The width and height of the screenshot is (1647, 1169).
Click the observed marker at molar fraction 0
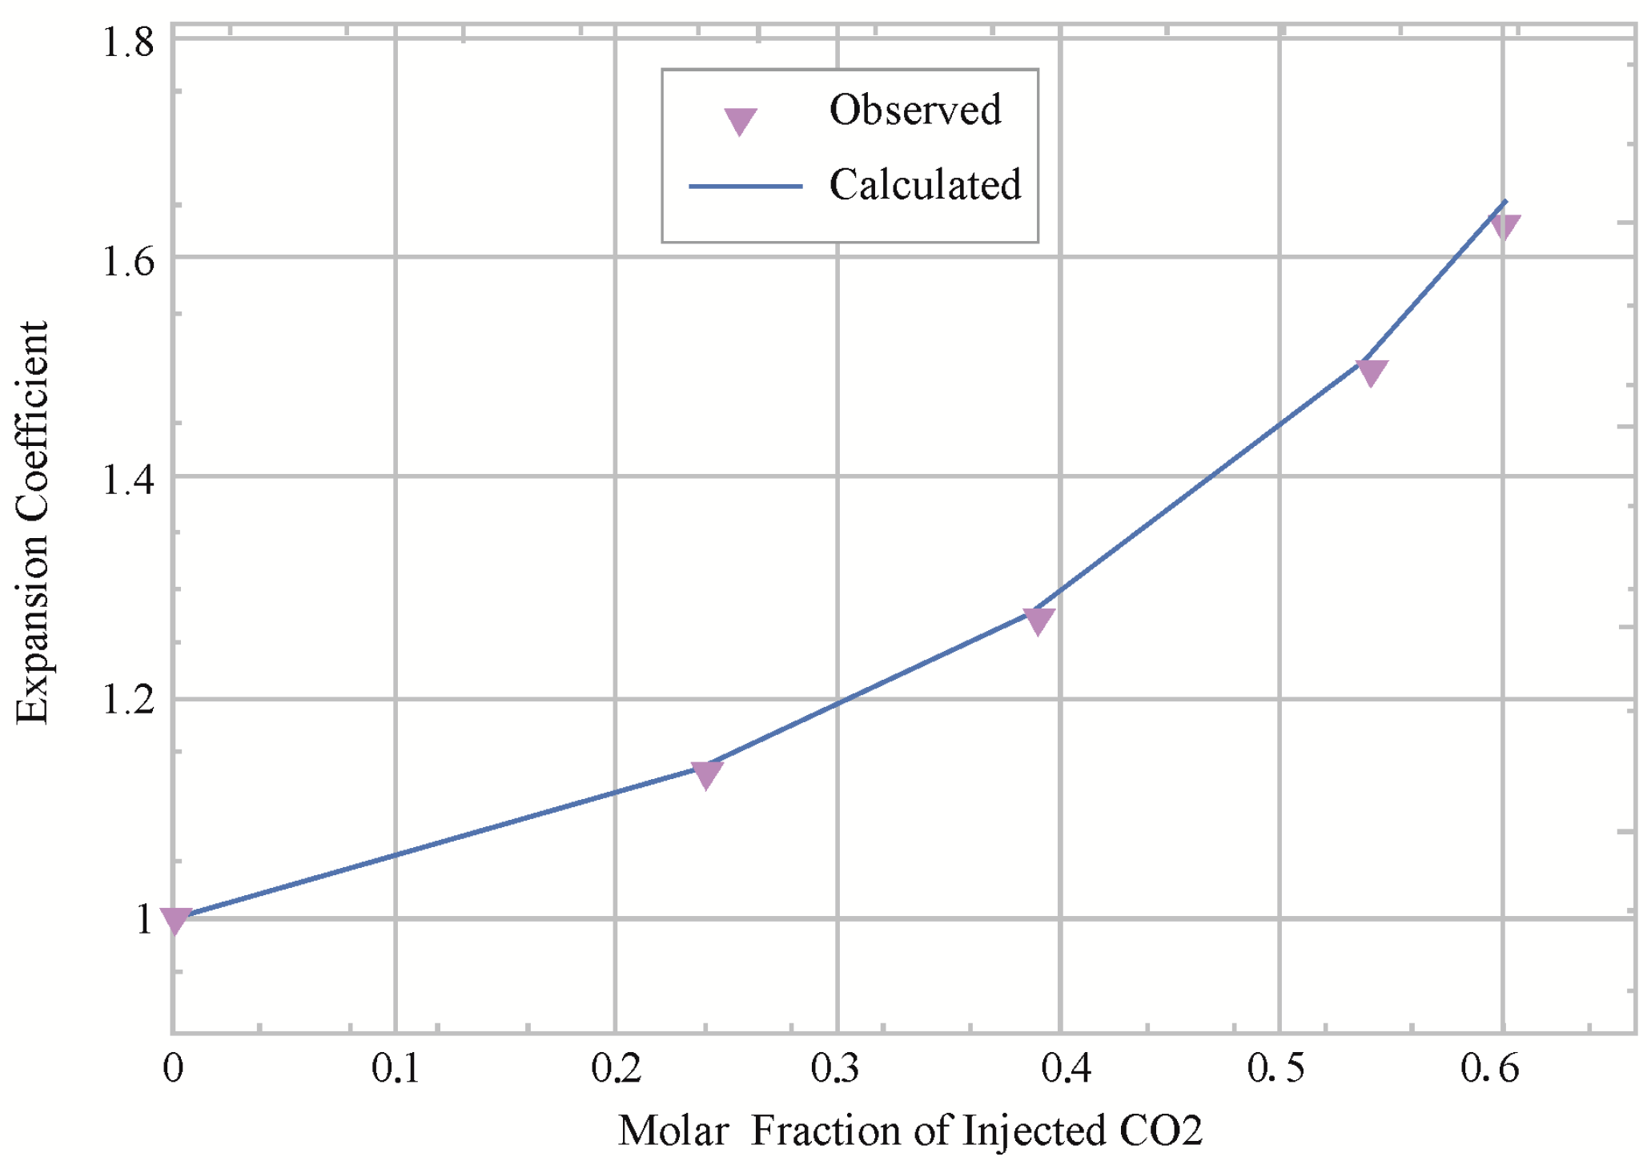(x=175, y=920)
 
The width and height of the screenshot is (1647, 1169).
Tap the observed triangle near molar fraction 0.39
(x=1038, y=620)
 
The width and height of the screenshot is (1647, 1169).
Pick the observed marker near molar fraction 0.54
(x=1371, y=372)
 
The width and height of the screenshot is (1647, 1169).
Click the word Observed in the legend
(x=914, y=110)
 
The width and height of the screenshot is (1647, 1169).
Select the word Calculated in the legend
(x=925, y=185)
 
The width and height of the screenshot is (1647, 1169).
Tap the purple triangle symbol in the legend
(x=740, y=121)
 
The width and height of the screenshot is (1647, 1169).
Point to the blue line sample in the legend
(x=745, y=186)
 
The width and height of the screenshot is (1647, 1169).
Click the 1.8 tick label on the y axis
(x=128, y=42)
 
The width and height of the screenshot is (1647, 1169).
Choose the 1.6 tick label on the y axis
(x=128, y=261)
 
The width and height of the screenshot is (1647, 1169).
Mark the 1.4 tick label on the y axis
(x=128, y=480)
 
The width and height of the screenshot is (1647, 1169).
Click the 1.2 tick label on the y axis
(x=128, y=701)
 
